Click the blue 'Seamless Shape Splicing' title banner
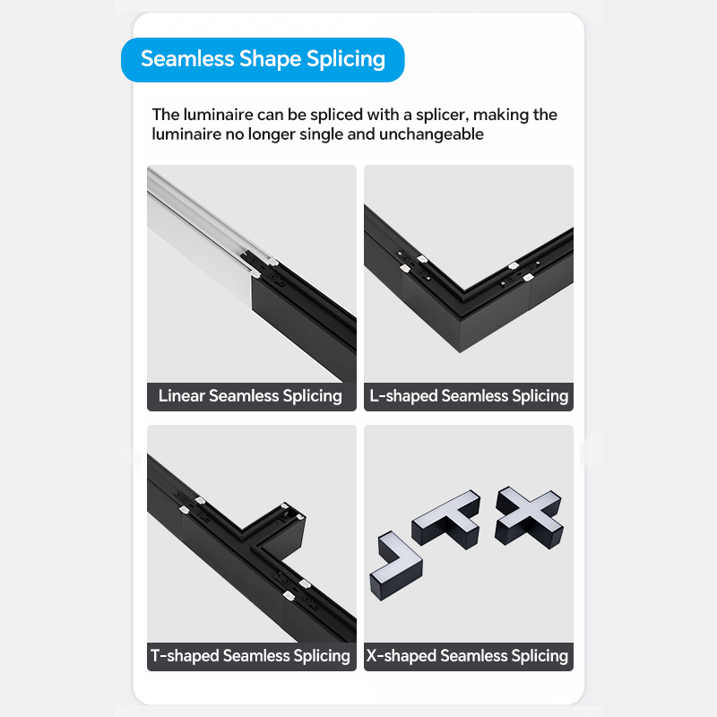click(x=263, y=60)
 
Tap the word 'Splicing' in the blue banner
click(x=346, y=60)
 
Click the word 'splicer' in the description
click(x=442, y=115)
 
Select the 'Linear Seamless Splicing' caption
click(x=251, y=396)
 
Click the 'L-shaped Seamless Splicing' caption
click(x=469, y=396)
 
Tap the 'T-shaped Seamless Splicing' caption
click(x=251, y=656)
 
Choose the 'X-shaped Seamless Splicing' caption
click(x=467, y=656)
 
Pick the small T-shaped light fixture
click(x=445, y=519)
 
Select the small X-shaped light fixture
click(x=529, y=517)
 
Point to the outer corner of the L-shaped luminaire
click(x=460, y=352)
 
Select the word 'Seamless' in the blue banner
click(x=187, y=59)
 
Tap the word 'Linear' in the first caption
click(x=182, y=396)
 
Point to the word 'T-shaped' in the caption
click(x=185, y=656)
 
